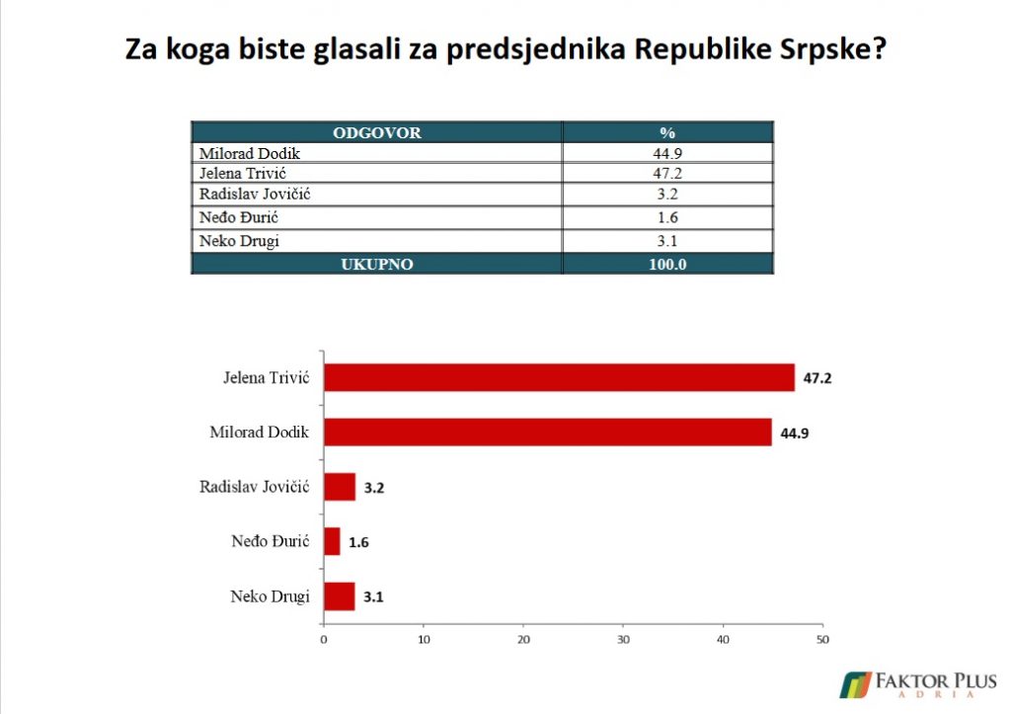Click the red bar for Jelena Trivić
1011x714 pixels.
click(x=559, y=377)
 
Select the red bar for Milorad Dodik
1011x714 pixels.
click(x=547, y=433)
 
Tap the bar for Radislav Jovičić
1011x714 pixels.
click(x=340, y=487)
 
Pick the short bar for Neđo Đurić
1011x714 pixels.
click(x=332, y=541)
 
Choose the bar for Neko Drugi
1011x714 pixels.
click(x=340, y=595)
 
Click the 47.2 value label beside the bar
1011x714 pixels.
click(x=817, y=378)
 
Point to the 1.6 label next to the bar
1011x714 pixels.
click(x=358, y=542)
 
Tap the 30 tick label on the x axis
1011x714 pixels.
click(x=623, y=639)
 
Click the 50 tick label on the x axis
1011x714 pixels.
click(x=822, y=639)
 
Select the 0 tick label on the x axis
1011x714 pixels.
click(x=324, y=639)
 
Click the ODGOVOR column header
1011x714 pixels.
click(x=376, y=133)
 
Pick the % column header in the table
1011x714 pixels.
click(x=667, y=133)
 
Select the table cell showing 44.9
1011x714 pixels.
click(x=667, y=153)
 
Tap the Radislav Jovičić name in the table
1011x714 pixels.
click(x=255, y=195)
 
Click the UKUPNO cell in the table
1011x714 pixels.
click(x=376, y=265)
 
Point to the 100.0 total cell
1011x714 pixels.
click(x=667, y=265)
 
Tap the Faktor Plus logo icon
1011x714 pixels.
click(x=855, y=685)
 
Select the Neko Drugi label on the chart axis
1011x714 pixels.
click(x=270, y=596)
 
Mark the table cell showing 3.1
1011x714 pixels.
click(x=667, y=241)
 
